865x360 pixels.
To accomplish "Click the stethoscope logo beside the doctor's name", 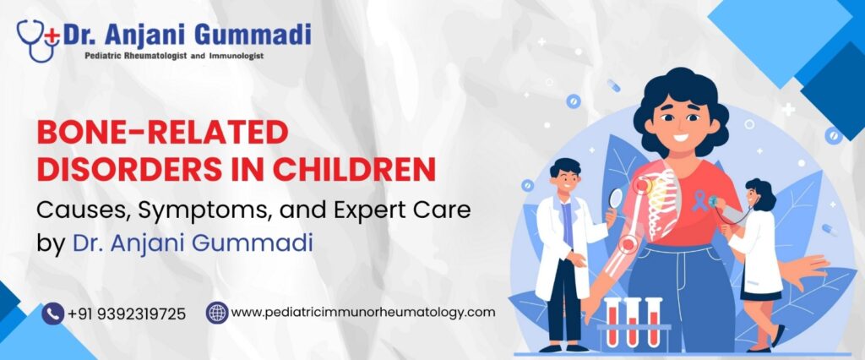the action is pyautogui.click(x=38, y=41).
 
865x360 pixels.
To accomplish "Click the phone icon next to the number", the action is pyautogui.click(x=53, y=314).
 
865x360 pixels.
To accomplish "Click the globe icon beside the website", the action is pyautogui.click(x=217, y=313).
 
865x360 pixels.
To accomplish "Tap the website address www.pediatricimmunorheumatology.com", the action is pyautogui.click(x=363, y=313).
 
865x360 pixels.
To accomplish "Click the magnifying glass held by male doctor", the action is pyautogui.click(x=615, y=199).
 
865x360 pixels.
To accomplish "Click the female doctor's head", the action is pyautogui.click(x=760, y=194).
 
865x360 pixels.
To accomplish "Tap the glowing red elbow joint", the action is pyautogui.click(x=627, y=243).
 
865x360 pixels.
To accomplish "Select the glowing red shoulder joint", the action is pyautogui.click(x=642, y=186).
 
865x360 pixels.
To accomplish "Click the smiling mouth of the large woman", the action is pyautogui.click(x=681, y=137).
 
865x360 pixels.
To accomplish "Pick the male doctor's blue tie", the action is pyautogui.click(x=567, y=225).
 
